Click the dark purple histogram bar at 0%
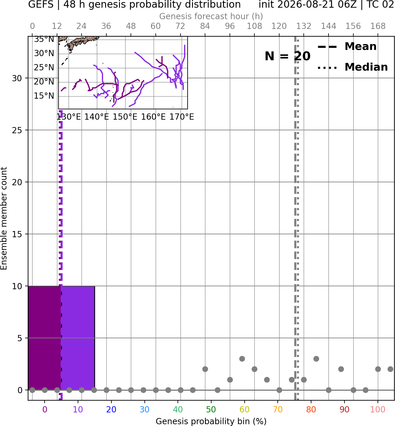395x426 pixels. (45, 338)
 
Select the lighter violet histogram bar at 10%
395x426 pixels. (78, 338)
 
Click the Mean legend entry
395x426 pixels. (347, 47)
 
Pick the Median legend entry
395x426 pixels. (352, 67)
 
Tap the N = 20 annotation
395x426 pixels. (287, 56)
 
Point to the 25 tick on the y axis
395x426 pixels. (17, 130)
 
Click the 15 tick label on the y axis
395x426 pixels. (17, 234)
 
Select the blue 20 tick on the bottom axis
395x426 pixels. (111, 409)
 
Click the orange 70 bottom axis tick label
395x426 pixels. (278, 409)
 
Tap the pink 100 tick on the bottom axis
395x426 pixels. (378, 409)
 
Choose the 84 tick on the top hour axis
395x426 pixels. (205, 26)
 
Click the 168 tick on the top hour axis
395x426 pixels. (378, 26)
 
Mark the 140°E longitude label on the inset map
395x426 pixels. (97, 117)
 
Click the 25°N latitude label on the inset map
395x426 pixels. (44, 67)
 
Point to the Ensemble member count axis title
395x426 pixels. (4, 218)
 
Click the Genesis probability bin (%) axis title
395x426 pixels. (211, 421)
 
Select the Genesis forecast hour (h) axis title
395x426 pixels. (211, 16)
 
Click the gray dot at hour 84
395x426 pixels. (205, 369)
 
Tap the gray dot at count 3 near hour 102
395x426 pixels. (242, 359)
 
